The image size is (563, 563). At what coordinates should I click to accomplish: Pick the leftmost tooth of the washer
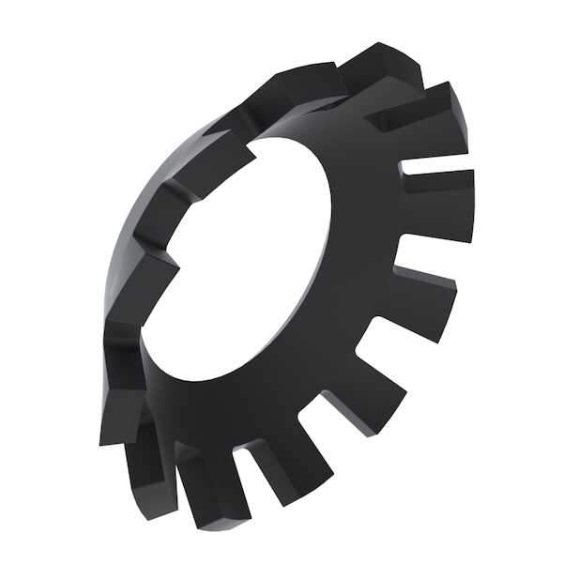pyautogui.click(x=122, y=413)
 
